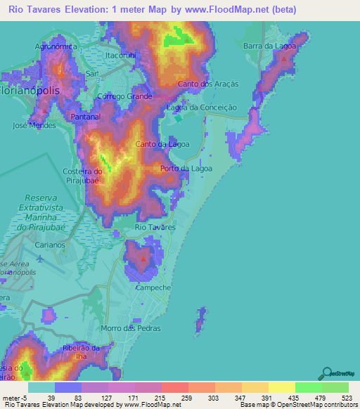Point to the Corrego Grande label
(124, 96)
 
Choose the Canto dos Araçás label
(209, 84)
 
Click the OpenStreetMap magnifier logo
(326, 372)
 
